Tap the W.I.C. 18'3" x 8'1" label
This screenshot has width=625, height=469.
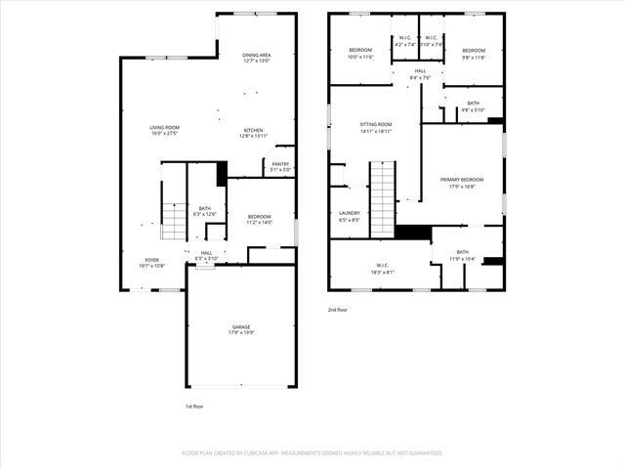point(382,269)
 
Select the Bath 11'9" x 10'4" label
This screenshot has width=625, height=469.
point(462,255)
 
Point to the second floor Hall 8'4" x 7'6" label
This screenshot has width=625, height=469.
point(420,73)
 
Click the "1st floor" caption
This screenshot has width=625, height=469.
point(195,405)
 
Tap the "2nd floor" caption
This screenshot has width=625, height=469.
point(338,310)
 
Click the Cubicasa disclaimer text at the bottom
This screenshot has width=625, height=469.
point(312,453)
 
